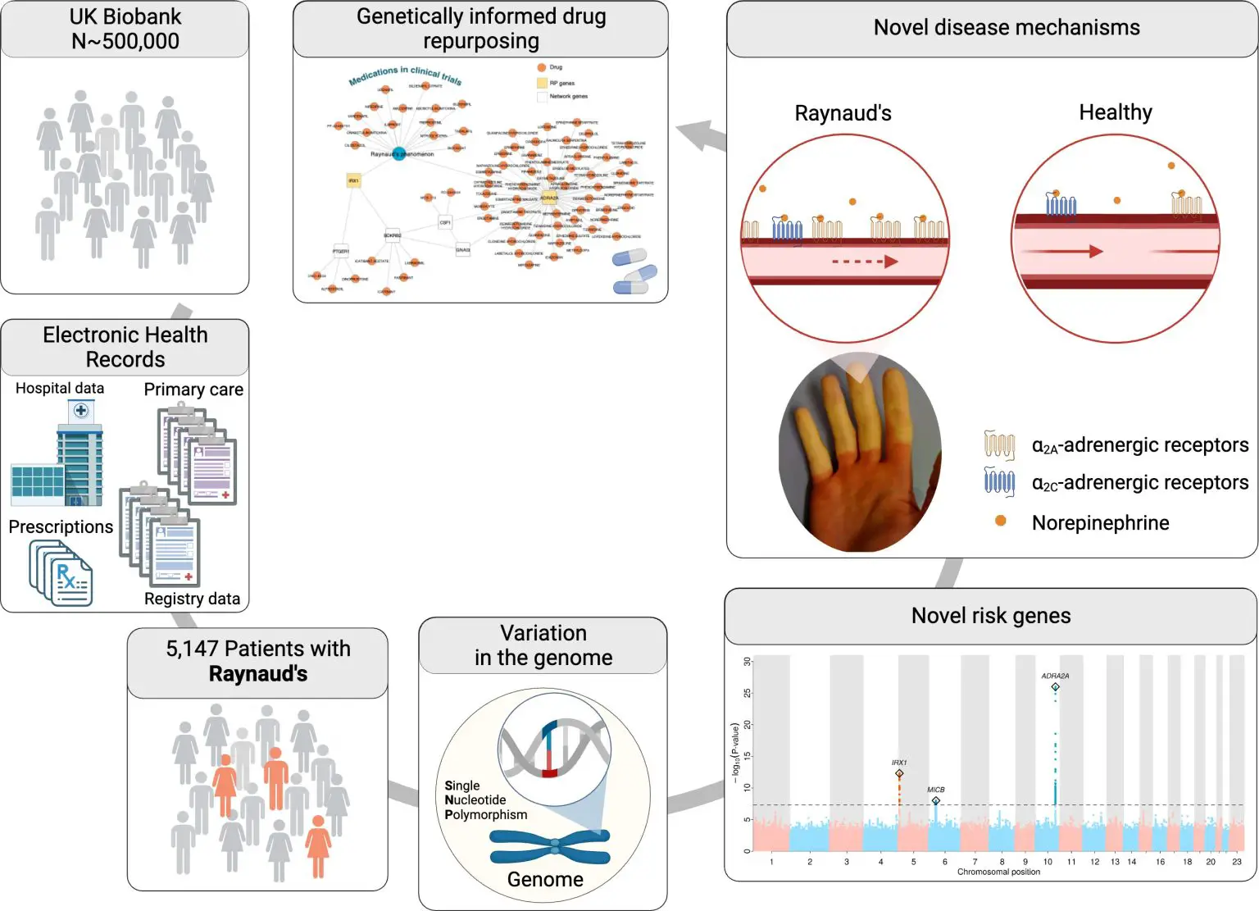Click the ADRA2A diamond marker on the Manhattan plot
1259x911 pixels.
(x=1055, y=687)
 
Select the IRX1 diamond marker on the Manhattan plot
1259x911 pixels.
(x=899, y=773)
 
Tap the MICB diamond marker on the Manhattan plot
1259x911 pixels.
(x=936, y=800)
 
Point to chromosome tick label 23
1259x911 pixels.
(x=1236, y=862)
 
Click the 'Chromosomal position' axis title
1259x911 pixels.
(x=998, y=872)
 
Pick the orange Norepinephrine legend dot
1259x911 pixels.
(x=1000, y=521)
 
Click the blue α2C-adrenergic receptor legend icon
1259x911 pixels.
(x=999, y=481)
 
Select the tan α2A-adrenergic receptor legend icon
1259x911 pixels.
(x=999, y=444)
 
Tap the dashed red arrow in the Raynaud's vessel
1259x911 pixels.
(x=865, y=262)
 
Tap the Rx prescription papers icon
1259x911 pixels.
(x=62, y=575)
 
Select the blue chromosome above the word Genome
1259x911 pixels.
(x=550, y=847)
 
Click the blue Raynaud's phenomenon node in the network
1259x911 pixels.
(x=398, y=153)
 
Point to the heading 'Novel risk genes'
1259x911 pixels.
(x=990, y=616)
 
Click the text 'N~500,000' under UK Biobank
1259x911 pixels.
(x=125, y=41)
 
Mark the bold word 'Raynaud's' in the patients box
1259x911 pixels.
(x=258, y=674)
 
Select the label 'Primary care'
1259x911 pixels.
(x=193, y=389)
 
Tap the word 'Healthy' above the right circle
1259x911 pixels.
(x=1115, y=112)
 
